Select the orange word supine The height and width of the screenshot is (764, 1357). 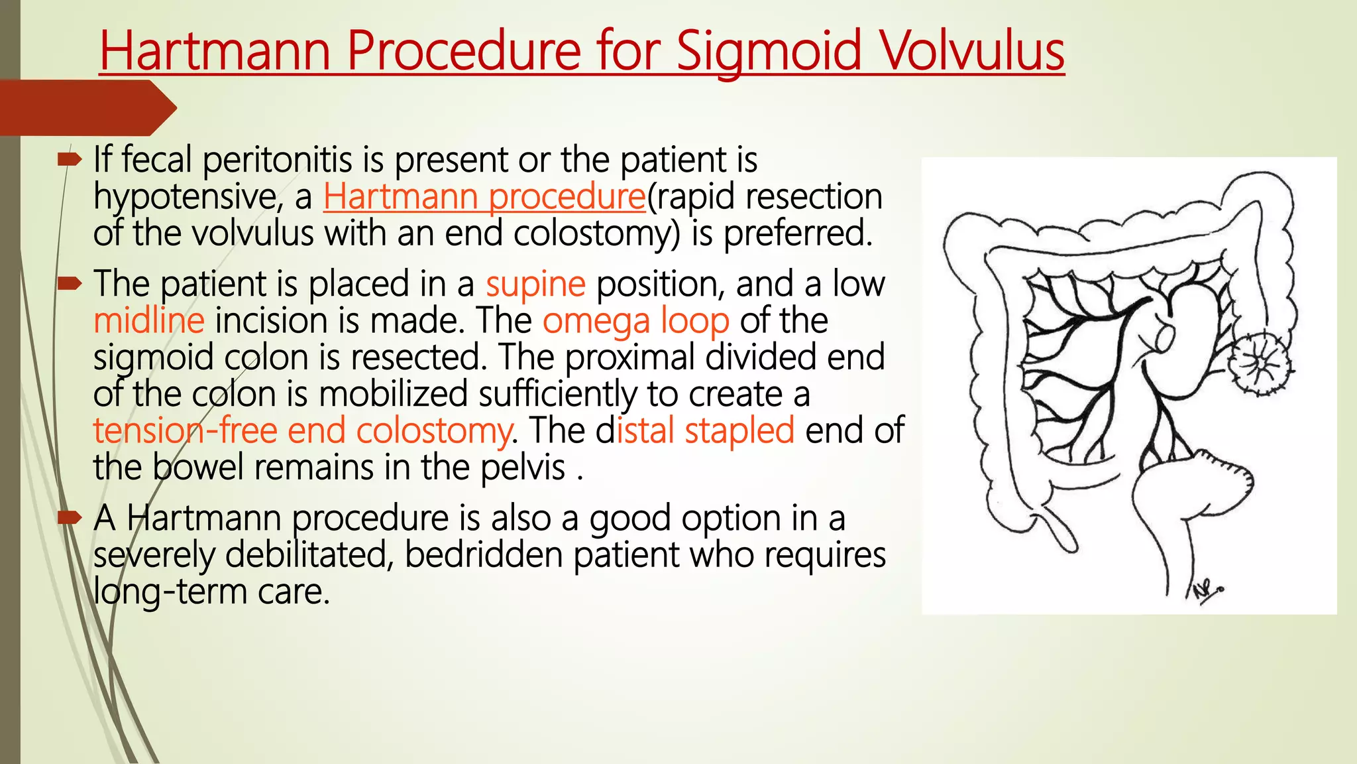click(535, 285)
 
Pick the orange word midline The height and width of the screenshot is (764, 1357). click(149, 321)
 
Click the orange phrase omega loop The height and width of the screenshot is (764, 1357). click(635, 321)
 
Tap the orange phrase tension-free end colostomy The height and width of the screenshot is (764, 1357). click(302, 430)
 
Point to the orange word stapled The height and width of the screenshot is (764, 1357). click(739, 430)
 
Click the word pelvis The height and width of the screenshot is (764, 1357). click(523, 468)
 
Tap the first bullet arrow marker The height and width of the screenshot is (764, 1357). click(69, 159)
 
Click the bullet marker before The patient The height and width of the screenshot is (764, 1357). click(69, 285)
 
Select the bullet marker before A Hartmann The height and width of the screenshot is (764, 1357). click(69, 518)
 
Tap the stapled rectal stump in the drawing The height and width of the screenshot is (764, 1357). click(1226, 477)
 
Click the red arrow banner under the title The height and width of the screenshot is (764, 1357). click(86, 107)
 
